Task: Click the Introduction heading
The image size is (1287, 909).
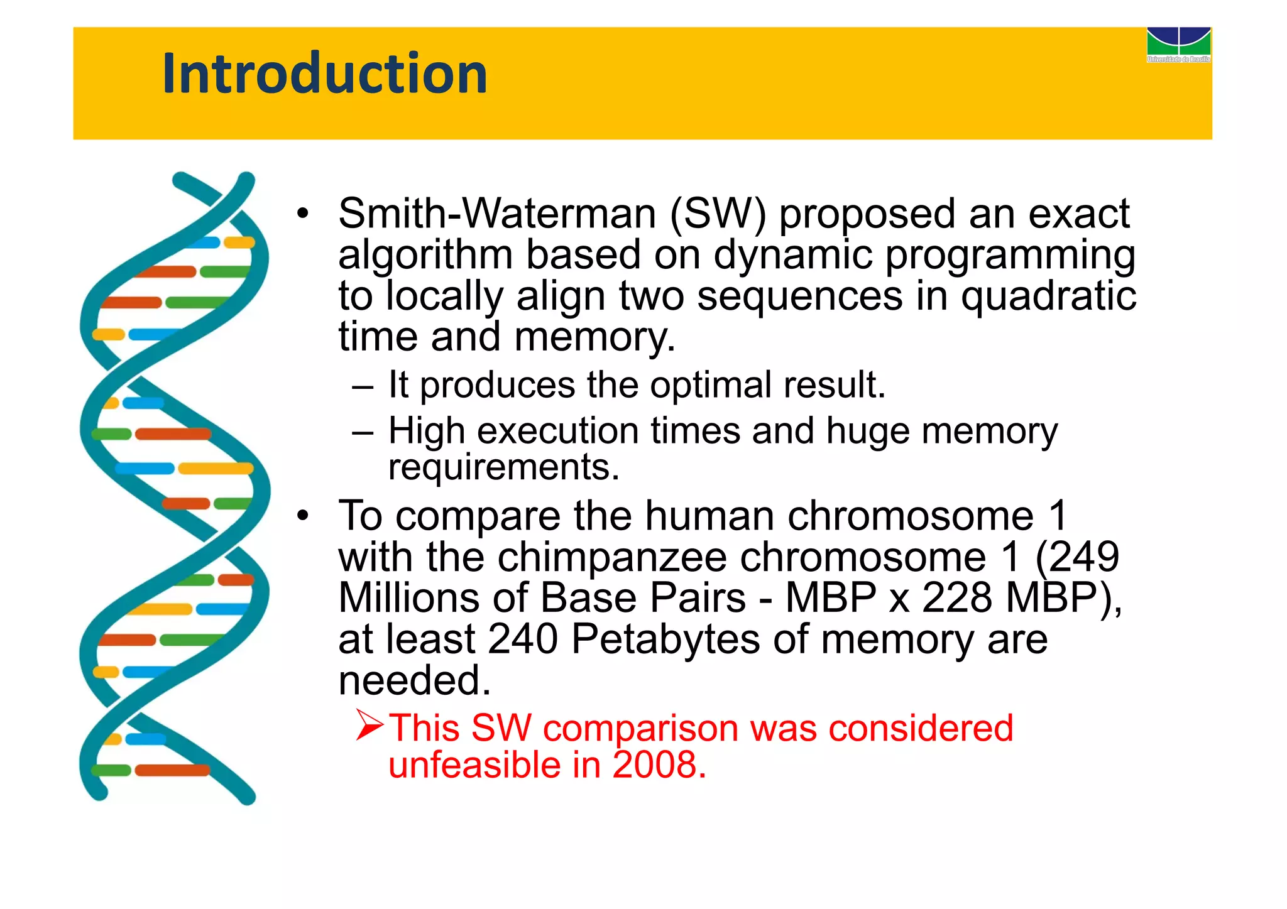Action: [x=324, y=73]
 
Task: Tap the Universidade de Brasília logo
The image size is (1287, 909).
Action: [x=1178, y=44]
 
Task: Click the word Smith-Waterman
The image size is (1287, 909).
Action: [x=496, y=214]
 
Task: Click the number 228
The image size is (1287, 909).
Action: [x=958, y=597]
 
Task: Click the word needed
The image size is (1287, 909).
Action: [x=414, y=680]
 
